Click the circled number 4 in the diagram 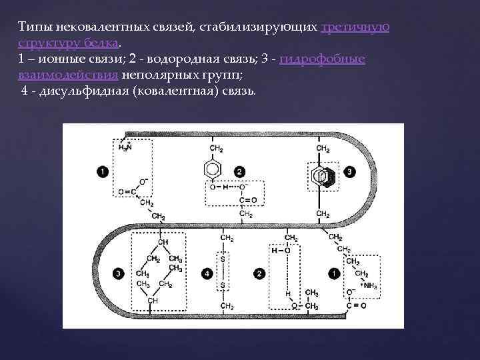pyautogui.click(x=209, y=273)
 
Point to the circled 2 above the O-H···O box pyautogui.click(x=239, y=173)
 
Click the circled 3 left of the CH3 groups pyautogui.click(x=118, y=273)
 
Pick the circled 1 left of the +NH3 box pyautogui.click(x=333, y=273)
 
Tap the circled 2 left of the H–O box pyautogui.click(x=259, y=273)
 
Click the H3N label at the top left pyautogui.click(x=125, y=147)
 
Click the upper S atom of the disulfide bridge pyautogui.click(x=223, y=257)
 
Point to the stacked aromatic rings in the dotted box pyautogui.click(x=323, y=176)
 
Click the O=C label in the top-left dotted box pyautogui.click(x=127, y=193)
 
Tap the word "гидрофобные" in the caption pyautogui.click(x=323, y=59)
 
